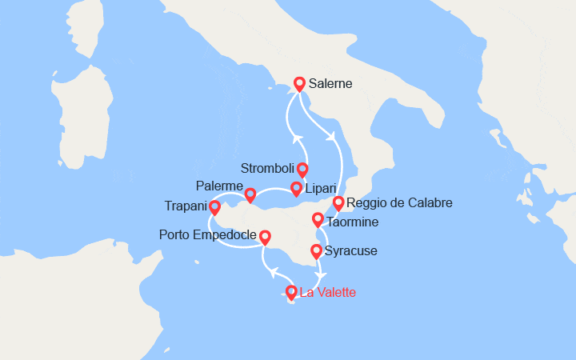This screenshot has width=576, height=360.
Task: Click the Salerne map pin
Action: [299, 83]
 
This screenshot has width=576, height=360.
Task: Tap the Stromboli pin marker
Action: [302, 169]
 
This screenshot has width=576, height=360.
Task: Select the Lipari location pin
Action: [296, 189]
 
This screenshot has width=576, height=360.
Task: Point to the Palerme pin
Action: [250, 194]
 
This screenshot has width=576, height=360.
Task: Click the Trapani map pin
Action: [214, 207]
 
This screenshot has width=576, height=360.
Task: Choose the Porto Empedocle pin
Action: [265, 237]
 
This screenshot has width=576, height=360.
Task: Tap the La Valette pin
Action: [292, 293]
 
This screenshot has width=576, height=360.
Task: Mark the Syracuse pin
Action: [316, 251]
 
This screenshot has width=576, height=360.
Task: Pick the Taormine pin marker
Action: [318, 219]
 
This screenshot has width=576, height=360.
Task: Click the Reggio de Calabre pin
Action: [338, 203]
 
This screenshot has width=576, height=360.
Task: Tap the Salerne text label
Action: [330, 83]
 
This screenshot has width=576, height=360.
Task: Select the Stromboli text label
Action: [267, 169]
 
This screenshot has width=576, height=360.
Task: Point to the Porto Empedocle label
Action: [208, 235]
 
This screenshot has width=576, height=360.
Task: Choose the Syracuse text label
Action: [351, 251]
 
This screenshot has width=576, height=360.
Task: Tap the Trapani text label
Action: [183, 206]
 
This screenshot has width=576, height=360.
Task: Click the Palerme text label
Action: [218, 186]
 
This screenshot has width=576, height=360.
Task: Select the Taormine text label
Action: [352, 222]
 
